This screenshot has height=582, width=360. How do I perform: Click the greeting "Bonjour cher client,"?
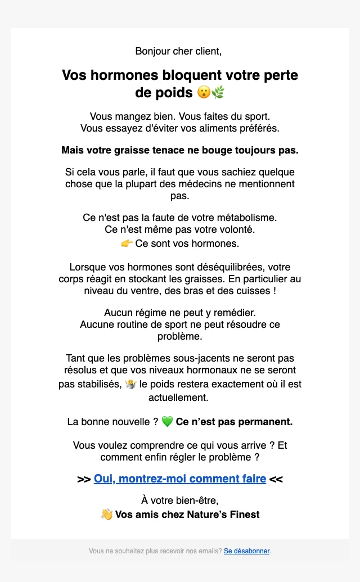(x=178, y=51)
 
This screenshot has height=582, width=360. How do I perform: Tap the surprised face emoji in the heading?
(x=204, y=92)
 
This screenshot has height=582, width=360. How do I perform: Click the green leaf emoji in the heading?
(x=218, y=92)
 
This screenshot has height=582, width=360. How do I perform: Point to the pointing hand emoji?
(x=127, y=243)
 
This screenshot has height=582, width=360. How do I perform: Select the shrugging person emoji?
(x=131, y=385)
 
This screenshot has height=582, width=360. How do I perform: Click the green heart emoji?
(x=167, y=421)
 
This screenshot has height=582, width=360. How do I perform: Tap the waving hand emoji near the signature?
(x=106, y=515)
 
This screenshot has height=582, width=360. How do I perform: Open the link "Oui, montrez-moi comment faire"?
(x=180, y=479)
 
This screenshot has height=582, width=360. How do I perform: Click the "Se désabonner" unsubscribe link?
(x=246, y=551)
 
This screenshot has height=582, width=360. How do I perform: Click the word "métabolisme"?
(x=247, y=217)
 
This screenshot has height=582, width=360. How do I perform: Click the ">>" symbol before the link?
(x=84, y=480)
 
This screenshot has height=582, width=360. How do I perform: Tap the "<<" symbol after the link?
(x=276, y=480)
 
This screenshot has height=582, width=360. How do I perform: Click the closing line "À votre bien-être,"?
(x=179, y=500)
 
